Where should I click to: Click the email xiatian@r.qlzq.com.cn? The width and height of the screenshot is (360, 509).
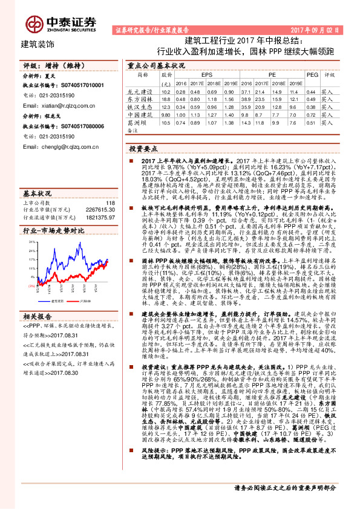pos(61,104)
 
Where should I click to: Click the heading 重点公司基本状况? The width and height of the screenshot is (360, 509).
pos(156,65)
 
